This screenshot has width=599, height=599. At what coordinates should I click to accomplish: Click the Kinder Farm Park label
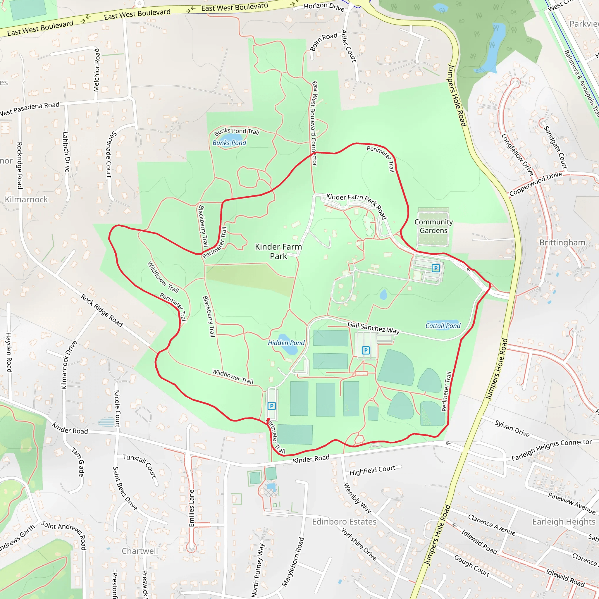click(278, 251)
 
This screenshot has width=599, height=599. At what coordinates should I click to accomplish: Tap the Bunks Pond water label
click(229, 143)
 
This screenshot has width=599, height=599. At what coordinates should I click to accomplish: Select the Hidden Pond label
click(286, 342)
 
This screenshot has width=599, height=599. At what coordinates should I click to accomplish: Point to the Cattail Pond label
click(443, 326)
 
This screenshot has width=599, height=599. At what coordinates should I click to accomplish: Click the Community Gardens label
click(433, 226)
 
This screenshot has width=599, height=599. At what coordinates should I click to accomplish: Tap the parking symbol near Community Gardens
click(436, 268)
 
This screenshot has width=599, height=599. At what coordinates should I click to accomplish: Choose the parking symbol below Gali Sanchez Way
click(366, 350)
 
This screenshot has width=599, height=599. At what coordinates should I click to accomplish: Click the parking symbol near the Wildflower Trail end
click(271, 406)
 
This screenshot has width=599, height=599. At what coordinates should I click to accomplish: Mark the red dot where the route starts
click(268, 419)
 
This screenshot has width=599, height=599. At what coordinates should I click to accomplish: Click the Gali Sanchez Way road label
click(373, 328)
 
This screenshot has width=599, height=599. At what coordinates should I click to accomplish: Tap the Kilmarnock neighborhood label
click(26, 199)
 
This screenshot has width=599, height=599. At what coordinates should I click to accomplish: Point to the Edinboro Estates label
click(344, 522)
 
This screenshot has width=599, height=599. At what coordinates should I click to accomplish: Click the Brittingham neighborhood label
click(562, 242)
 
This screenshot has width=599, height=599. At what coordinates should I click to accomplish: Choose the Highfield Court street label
click(372, 470)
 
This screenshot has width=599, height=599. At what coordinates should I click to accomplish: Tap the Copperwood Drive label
click(536, 184)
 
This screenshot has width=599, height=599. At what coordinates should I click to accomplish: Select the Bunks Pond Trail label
click(237, 131)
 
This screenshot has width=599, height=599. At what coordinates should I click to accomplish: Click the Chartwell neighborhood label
click(140, 551)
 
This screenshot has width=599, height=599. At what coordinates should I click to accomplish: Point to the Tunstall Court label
click(140, 466)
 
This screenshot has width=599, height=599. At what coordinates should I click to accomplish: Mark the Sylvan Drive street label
click(512, 428)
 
